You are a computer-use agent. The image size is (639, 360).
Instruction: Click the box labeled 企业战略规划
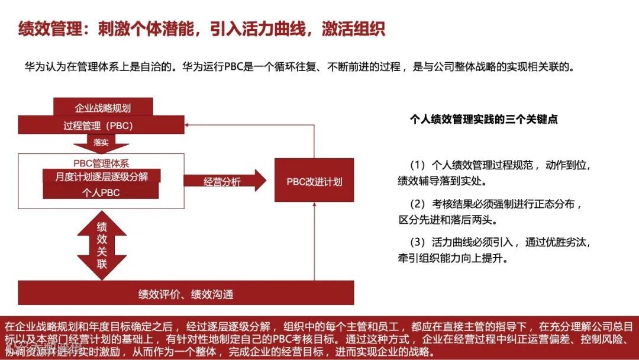(x=103, y=108)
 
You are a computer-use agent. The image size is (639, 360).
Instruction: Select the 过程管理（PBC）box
(x=98, y=126)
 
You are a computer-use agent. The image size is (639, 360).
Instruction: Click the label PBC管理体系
(x=101, y=162)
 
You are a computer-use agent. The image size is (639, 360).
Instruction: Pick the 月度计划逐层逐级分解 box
(x=102, y=176)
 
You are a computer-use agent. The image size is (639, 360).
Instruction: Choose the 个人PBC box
(x=101, y=192)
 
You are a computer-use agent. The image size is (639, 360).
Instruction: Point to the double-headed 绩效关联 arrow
(x=102, y=245)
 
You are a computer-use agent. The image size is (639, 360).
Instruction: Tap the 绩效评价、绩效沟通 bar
(x=186, y=294)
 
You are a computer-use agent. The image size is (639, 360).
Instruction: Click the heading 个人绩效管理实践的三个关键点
(x=484, y=119)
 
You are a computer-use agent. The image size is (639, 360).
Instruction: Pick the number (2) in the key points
(x=417, y=204)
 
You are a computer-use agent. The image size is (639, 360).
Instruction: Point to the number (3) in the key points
(x=417, y=242)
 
